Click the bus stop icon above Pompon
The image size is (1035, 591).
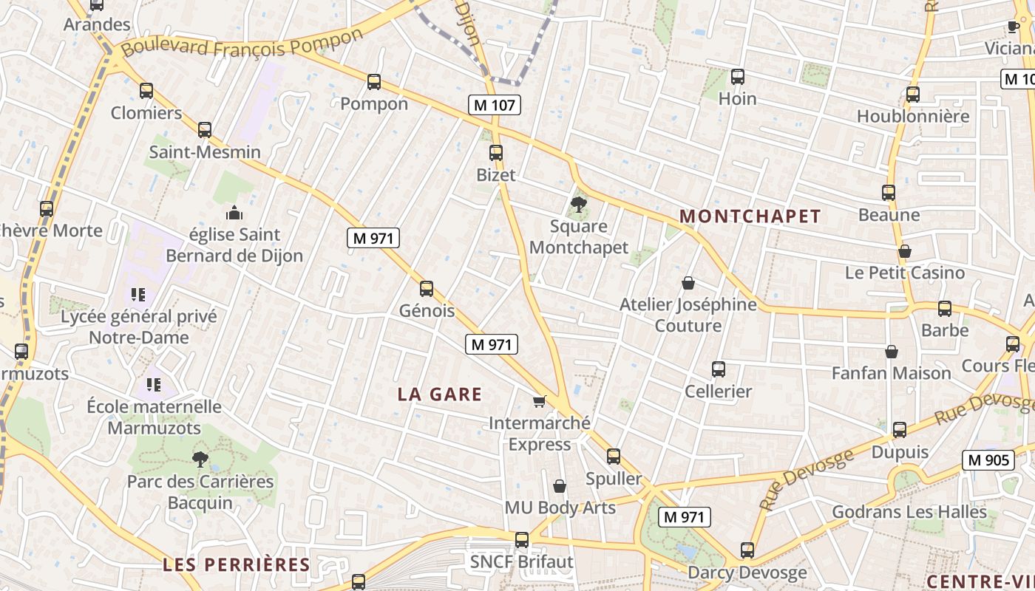point(374,82)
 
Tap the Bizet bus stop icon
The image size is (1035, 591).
point(496,153)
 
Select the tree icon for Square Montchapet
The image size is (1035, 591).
point(579,205)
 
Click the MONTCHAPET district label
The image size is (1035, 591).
point(750,216)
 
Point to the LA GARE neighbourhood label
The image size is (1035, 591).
point(440,394)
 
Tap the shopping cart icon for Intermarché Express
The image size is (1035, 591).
point(540,401)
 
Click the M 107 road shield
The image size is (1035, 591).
point(495,105)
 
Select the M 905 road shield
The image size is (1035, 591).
point(988,460)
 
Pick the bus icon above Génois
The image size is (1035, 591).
point(427,289)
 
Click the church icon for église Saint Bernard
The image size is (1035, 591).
point(234,213)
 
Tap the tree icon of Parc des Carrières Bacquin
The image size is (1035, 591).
point(200,460)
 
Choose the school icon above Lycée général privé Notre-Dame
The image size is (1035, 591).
point(138,295)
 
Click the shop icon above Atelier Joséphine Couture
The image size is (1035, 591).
point(688,283)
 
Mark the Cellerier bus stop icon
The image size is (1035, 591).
point(718,369)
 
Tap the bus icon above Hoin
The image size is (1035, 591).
point(737,77)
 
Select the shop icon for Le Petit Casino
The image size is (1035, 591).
point(905,251)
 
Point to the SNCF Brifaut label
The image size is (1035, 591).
point(522,562)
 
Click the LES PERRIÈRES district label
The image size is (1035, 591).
point(237,565)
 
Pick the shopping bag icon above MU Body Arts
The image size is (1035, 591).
point(560,486)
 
